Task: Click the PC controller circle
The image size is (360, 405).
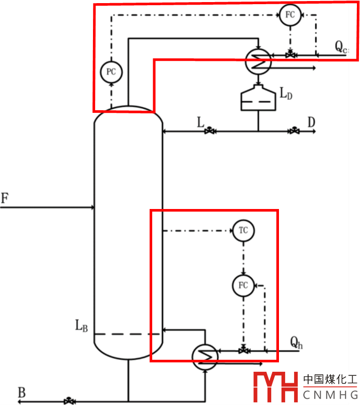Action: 111,72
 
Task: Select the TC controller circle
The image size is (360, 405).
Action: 244,230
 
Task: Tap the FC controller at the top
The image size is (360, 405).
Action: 290,15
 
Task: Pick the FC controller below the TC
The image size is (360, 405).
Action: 243,285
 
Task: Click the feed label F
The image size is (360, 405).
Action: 5,198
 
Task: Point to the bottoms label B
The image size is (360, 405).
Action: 21,393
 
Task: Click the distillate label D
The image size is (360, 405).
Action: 311,122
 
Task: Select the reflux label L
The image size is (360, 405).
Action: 201,123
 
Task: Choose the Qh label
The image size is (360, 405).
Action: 296,342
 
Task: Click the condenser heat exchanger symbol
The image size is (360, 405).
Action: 258,61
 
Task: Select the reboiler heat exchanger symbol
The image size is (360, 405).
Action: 205,356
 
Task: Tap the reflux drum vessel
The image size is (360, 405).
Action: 258,98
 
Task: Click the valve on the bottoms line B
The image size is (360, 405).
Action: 68,401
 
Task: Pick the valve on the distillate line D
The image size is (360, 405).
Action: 295,131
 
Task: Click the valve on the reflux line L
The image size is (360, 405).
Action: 210,131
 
